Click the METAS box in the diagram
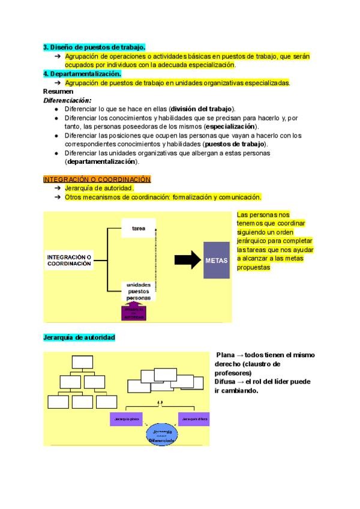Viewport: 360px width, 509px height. coord(217,260)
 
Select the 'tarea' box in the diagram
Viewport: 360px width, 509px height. coord(139,228)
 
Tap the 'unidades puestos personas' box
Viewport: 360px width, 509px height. coord(138,291)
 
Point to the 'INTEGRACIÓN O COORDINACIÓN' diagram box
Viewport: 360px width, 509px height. coord(69,260)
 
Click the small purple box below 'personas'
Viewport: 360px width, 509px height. coord(139,312)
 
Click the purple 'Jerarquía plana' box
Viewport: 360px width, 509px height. coord(126,418)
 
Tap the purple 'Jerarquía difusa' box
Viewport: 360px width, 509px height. coord(194,418)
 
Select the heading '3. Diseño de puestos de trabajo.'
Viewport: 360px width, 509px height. coord(94,46)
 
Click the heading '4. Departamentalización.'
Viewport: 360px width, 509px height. coord(82,73)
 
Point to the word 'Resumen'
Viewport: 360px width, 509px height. coord(58,91)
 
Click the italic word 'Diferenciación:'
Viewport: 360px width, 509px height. coord(67,100)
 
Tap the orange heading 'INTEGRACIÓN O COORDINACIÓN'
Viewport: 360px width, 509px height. coord(97,179)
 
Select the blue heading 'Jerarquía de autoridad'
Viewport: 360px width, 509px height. coord(79,338)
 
